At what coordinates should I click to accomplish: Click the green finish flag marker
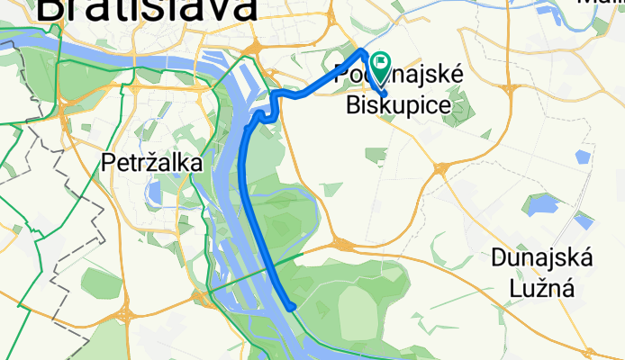tap(379, 64)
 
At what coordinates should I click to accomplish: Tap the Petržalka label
tap(151, 163)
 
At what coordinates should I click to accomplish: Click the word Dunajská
tap(541, 259)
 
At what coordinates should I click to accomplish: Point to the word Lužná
tap(542, 289)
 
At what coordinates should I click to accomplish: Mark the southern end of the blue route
tap(292, 307)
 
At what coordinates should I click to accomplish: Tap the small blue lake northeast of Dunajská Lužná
tap(585, 219)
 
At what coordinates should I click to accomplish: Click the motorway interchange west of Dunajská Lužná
tap(343, 243)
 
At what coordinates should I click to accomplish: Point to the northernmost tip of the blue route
tap(362, 50)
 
